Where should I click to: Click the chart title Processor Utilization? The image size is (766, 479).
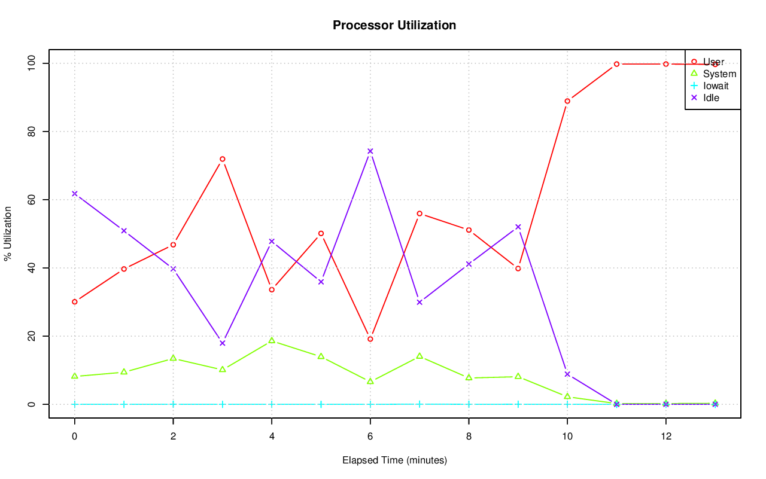click(x=394, y=25)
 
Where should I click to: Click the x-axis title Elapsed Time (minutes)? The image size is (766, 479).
click(x=394, y=460)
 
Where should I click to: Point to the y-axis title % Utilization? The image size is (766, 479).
click(x=8, y=233)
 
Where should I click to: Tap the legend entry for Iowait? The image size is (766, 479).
click(x=716, y=86)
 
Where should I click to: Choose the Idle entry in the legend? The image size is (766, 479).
click(x=711, y=97)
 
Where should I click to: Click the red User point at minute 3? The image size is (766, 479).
click(x=223, y=159)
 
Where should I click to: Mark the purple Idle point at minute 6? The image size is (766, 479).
click(x=370, y=151)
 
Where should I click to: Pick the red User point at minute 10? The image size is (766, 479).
click(x=567, y=101)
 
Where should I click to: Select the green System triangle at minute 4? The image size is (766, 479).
click(x=272, y=340)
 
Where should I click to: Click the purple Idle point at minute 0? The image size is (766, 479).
click(x=75, y=194)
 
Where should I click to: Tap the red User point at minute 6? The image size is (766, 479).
click(x=370, y=339)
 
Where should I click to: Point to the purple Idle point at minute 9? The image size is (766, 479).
click(x=518, y=227)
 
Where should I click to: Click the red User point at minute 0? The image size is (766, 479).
click(x=75, y=302)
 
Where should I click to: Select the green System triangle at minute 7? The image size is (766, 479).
click(x=420, y=356)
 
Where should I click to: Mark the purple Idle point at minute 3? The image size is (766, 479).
click(x=223, y=343)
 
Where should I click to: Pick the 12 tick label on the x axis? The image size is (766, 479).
click(x=666, y=437)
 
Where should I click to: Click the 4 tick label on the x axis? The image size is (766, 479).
click(x=272, y=437)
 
